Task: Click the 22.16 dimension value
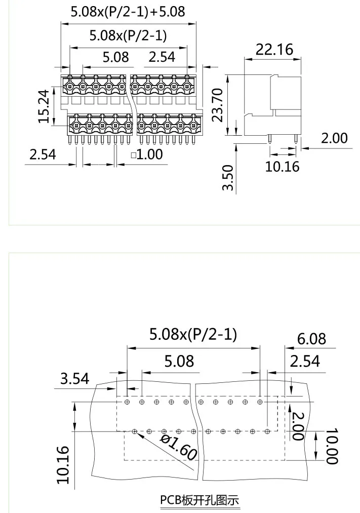point(274,50)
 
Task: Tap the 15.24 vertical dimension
point(45,106)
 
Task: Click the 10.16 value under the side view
point(283,166)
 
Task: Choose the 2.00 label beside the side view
point(335,138)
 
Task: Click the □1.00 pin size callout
point(147,154)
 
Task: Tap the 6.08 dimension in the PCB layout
point(311,338)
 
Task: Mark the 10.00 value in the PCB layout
point(332,446)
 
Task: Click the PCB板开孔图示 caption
point(199,500)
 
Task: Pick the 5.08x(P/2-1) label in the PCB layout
point(193,334)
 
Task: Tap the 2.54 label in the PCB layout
point(305,361)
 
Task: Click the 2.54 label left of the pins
point(43,154)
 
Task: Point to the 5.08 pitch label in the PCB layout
point(179,361)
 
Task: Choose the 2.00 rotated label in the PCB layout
point(297,426)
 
